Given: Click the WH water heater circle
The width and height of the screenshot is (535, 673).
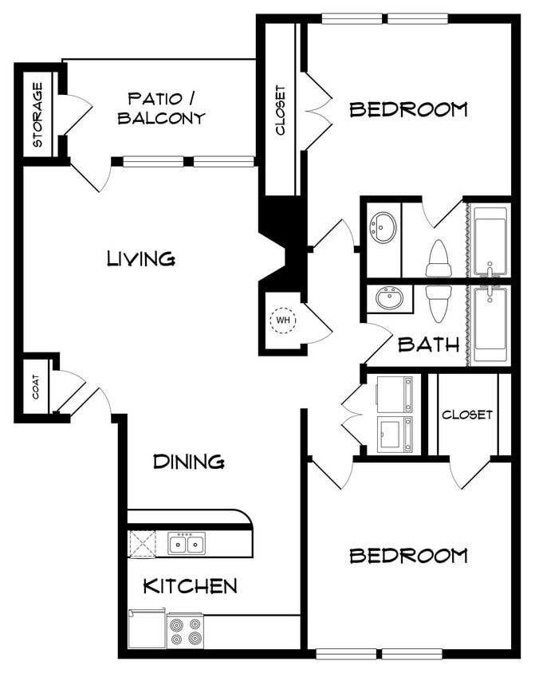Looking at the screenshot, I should [x=283, y=321].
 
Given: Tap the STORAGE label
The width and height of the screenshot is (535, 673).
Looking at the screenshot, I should [x=37, y=115].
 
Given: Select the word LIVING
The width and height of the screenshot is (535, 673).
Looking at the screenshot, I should [x=141, y=258].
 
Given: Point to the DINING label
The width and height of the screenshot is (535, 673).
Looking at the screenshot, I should [x=188, y=461].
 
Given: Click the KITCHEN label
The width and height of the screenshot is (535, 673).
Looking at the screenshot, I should [x=190, y=586].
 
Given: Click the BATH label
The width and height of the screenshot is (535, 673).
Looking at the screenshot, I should [x=428, y=344].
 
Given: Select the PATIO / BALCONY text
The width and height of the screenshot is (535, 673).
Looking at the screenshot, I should [x=162, y=108].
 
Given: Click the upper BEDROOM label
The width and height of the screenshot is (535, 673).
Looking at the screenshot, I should [x=408, y=109].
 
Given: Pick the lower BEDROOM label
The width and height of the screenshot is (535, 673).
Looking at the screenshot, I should [x=408, y=555].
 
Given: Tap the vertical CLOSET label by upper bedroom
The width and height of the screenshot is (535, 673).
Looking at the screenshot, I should [x=281, y=110].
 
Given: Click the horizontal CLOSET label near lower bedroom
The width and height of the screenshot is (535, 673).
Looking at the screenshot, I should [x=466, y=415].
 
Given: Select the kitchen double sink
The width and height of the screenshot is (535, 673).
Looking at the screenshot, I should [x=187, y=545].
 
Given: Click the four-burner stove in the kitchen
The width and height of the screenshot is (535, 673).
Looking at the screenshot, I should [x=185, y=630].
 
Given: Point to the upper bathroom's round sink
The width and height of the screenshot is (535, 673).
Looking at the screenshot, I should [x=384, y=228].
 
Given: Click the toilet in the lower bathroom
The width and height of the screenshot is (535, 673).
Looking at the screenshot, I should [x=438, y=301].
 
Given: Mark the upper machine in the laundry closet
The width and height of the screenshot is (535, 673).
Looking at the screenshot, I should [x=395, y=394].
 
